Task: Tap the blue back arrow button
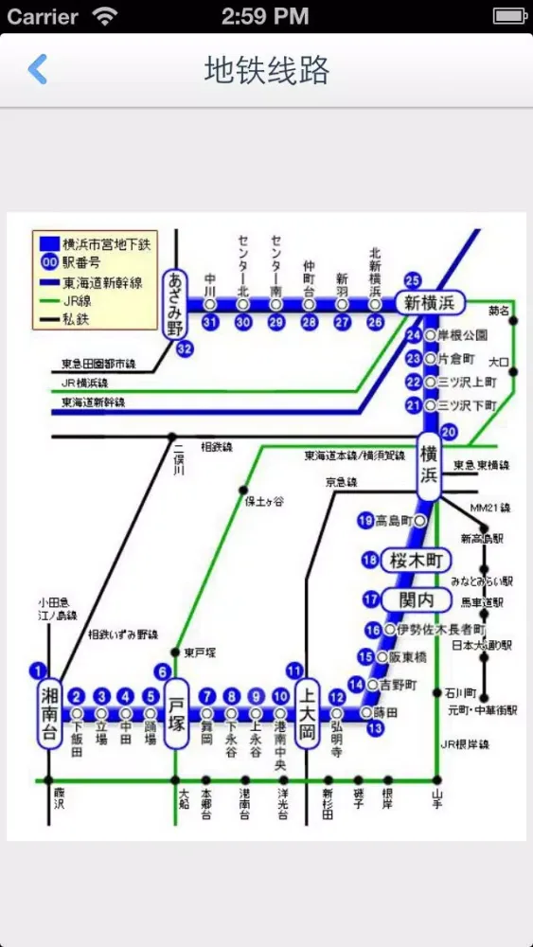(37, 69)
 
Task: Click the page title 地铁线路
(267, 69)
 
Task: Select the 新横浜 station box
(430, 303)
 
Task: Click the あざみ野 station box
(174, 304)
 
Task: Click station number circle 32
(186, 348)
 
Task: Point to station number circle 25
(412, 280)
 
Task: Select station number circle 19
(366, 520)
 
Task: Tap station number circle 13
(376, 728)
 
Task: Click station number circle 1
(38, 670)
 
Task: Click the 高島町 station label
(394, 521)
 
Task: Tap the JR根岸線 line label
(464, 744)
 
